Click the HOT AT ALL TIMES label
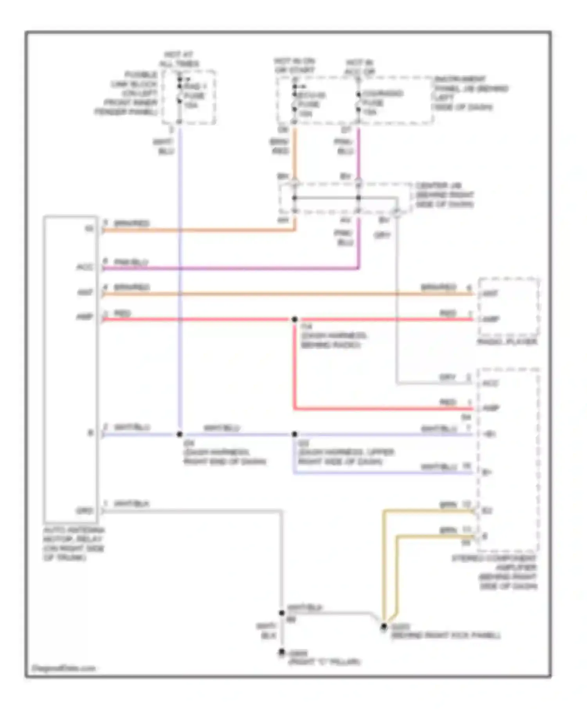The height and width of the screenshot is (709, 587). (179, 59)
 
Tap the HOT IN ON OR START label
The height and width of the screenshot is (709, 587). (294, 65)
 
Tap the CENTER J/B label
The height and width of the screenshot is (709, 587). (444, 194)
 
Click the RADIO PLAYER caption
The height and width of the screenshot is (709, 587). (507, 342)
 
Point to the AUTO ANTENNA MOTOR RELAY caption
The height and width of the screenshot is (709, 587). (74, 544)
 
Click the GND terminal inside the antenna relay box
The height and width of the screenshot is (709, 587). (85, 510)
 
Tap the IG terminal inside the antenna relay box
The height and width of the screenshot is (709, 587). (90, 228)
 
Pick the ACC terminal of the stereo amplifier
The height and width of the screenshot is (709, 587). (490, 383)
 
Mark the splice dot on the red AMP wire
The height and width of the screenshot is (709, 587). (295, 319)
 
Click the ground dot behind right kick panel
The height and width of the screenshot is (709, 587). (384, 626)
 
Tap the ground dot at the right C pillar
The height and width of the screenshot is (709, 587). (281, 652)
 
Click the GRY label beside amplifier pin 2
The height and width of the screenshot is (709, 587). (447, 377)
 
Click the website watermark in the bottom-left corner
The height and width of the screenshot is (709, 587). (64, 668)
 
